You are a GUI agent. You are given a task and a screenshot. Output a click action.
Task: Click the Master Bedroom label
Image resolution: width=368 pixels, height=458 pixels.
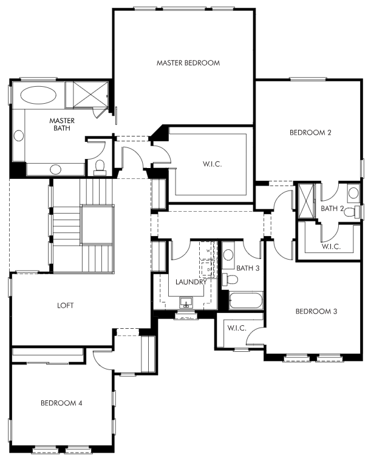coord(188,63)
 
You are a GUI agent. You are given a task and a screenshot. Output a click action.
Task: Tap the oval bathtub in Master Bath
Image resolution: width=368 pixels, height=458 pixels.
coord(38,95)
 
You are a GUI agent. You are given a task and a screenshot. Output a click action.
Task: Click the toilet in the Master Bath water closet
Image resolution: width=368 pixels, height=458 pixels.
coord(100,167)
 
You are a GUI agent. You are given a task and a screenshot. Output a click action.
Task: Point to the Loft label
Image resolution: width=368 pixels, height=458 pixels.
coord(66,306)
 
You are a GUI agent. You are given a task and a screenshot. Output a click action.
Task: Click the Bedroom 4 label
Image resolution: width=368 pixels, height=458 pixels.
coord(61,403)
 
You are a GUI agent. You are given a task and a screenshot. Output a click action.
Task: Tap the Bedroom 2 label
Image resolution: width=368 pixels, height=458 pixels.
coord(310,133)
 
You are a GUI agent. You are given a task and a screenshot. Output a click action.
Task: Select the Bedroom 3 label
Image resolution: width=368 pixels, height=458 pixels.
coord(316,311)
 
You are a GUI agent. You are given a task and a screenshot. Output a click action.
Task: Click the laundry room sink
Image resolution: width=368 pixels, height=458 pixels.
coord(186,303)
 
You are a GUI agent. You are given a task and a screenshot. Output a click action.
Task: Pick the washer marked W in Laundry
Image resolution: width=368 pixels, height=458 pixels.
coord(208,251)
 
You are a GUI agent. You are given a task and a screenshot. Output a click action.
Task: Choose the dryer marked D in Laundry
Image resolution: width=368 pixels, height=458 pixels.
coord(208,269)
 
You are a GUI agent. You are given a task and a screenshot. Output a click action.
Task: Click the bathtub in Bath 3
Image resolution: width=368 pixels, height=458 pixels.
coord(245,300)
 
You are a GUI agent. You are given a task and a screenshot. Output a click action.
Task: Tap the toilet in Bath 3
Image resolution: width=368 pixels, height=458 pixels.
coord(230,280)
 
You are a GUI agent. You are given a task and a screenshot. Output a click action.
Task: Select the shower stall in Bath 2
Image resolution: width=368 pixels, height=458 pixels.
coord(306,200)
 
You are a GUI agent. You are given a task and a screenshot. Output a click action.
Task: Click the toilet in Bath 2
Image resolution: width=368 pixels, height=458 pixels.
coord(352,212)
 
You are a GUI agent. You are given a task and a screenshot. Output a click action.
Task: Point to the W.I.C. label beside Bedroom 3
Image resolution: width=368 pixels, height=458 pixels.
coord(237,328)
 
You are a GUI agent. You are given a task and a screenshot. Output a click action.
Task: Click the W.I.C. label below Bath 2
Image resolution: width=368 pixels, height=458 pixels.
coord(331,246)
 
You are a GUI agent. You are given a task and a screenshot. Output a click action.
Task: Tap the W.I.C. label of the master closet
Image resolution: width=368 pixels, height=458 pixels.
coord(212,164)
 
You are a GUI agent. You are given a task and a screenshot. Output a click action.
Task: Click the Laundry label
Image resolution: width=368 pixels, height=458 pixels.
coord(191,282)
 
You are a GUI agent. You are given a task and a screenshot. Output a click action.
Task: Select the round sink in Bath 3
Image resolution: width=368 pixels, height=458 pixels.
coord(228,255)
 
